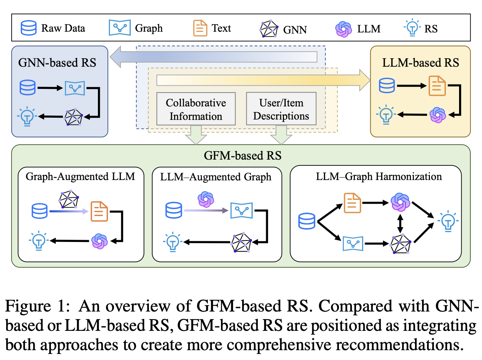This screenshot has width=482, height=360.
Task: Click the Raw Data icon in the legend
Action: [x=28, y=28]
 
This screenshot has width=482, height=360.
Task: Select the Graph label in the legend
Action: [x=149, y=28]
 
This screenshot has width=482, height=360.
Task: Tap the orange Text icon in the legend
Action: [x=200, y=28]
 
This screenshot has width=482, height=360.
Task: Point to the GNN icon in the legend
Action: [x=269, y=29]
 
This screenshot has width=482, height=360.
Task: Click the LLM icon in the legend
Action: [x=343, y=29]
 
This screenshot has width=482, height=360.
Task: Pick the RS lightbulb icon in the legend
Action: [x=412, y=28]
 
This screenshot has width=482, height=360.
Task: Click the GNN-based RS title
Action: [x=57, y=63]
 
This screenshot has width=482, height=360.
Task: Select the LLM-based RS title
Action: [x=420, y=63]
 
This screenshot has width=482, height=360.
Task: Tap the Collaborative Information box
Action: [x=196, y=109]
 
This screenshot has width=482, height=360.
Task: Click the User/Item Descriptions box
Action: [x=281, y=109]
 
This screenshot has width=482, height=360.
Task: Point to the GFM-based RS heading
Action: [x=242, y=156]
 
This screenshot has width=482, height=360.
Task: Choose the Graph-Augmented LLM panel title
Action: [x=80, y=177]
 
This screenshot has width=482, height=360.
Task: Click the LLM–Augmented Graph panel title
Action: [x=216, y=177]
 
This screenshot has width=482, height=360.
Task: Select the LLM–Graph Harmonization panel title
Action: [x=379, y=177]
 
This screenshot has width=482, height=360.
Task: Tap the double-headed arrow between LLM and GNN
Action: [x=400, y=223]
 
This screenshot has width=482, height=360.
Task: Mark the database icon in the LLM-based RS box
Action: [x=387, y=86]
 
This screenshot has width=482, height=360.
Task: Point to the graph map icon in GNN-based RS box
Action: [x=75, y=88]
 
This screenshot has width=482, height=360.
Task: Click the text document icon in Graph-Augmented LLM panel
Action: [x=99, y=211]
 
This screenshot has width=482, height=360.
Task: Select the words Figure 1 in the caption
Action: [x=37, y=306]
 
